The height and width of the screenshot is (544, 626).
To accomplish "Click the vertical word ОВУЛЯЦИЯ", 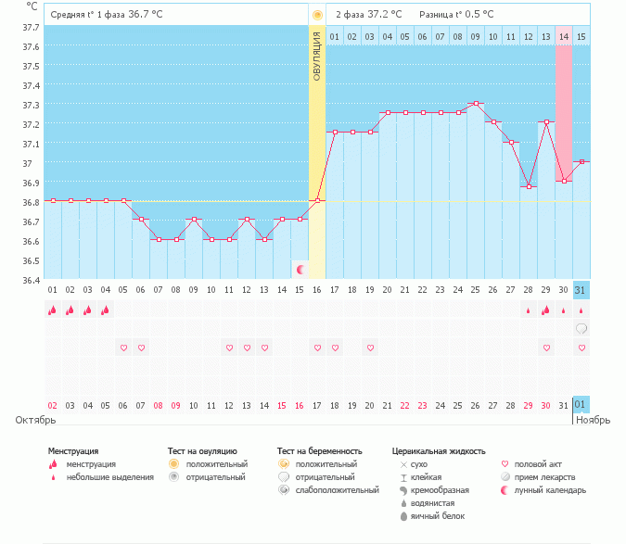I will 317,57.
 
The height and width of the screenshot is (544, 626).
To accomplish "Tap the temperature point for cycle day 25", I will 476,104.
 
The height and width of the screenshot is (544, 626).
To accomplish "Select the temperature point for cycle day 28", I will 529,186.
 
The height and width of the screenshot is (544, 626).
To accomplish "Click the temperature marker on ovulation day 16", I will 317,200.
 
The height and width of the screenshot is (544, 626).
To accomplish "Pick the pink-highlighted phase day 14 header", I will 564,36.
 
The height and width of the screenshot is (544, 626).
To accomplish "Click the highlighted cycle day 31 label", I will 581,290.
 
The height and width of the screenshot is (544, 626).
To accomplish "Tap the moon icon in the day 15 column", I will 300,269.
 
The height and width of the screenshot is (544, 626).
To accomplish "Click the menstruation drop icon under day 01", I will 53,310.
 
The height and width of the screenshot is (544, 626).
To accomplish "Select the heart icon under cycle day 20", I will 370,348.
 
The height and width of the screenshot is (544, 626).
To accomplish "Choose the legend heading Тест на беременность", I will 316,451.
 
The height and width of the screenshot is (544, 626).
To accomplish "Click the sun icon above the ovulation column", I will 317,15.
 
